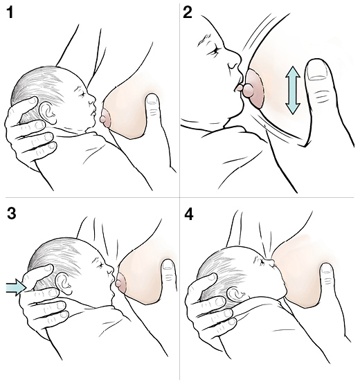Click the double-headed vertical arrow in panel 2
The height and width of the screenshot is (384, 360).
[x=292, y=89]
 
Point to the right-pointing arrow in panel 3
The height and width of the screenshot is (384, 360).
[x=15, y=286]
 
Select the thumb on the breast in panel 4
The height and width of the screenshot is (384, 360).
[x=325, y=277]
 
